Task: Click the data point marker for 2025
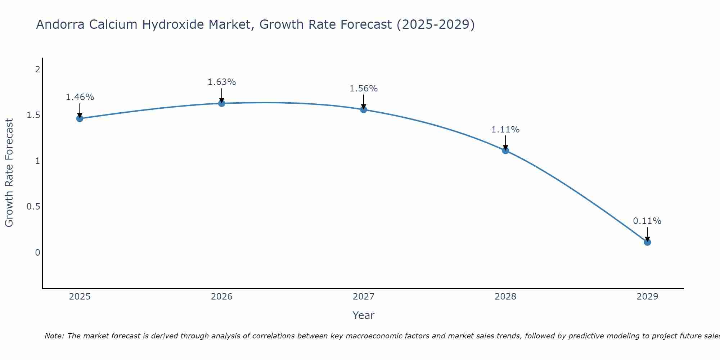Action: [x=80, y=118]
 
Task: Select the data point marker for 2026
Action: [x=222, y=103]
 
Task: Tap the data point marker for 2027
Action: [x=364, y=109]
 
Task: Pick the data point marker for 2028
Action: [x=505, y=150]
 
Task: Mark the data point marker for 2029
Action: [x=647, y=242]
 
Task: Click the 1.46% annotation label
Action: [x=80, y=97]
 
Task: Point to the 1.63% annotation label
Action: [x=222, y=82]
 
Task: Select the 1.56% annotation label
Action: [x=364, y=89]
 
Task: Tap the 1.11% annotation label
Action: [x=505, y=130]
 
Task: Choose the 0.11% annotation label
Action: [x=647, y=221]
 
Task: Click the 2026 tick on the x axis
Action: [x=222, y=297]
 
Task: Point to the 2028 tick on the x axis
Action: [x=505, y=297]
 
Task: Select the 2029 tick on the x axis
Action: [x=647, y=297]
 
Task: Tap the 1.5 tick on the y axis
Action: [x=33, y=115]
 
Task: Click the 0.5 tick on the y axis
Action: [x=33, y=207]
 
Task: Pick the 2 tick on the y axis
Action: [x=37, y=69]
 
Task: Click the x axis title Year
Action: [x=364, y=315]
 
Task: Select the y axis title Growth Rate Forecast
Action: [x=9, y=173]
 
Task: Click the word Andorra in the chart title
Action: [x=60, y=25]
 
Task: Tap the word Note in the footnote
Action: [x=54, y=336]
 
